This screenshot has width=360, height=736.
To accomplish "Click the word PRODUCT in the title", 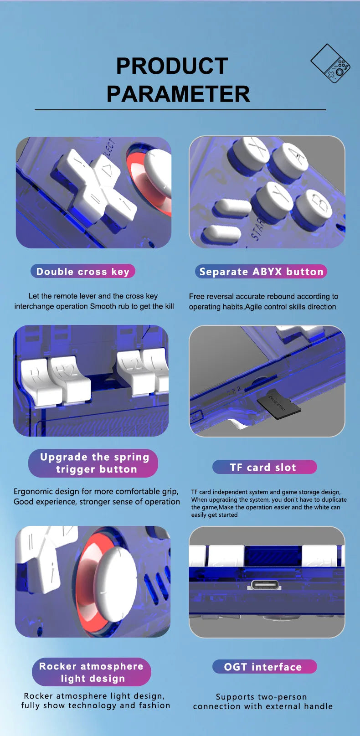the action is point(172,66).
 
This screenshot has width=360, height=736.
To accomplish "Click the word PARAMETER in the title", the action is point(178,94).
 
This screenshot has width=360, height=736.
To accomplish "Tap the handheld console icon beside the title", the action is point(330,63).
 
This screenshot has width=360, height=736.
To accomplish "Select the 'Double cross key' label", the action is point(83,272).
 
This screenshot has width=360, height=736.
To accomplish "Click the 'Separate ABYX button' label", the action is point(261,272).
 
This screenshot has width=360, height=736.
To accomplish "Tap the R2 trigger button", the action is point(70,380).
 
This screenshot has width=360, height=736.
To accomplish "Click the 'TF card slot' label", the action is point(264,467).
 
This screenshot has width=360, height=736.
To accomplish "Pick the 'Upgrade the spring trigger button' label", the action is point(93,463).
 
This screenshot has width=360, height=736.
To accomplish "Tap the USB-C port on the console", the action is point(265,585).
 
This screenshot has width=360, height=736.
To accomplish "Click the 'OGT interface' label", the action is point(264,666).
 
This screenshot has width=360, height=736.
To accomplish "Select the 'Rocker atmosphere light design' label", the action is point(92,672).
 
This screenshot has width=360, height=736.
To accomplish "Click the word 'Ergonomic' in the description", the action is point(33,492).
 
